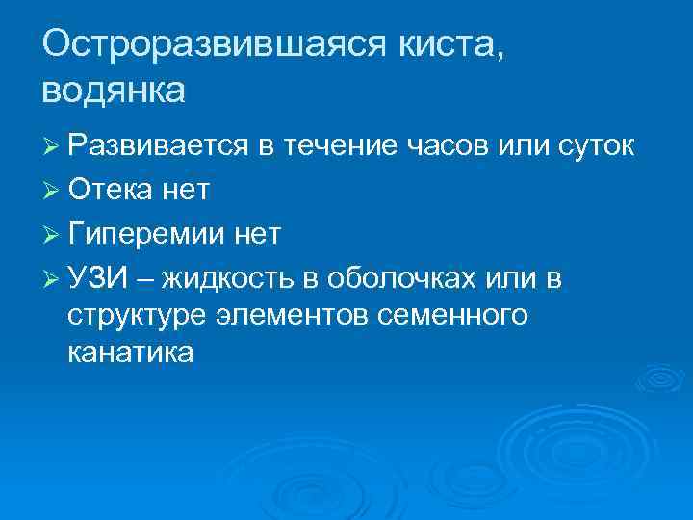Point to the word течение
click(347, 147)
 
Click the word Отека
click(111, 192)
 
